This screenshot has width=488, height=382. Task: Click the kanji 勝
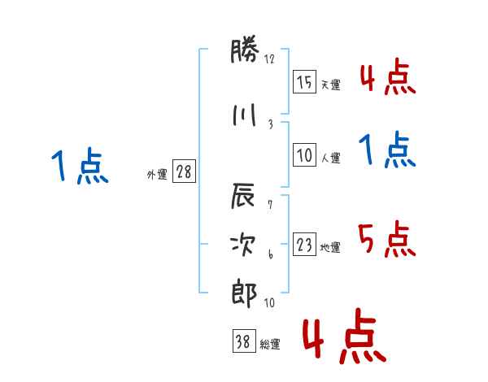(x=245, y=50)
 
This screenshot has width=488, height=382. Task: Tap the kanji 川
(x=245, y=115)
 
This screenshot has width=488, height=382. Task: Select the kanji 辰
(x=243, y=195)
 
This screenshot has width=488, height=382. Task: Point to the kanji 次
(x=243, y=245)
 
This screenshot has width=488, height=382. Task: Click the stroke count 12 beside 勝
(x=269, y=59)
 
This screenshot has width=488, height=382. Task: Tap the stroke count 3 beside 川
(x=271, y=124)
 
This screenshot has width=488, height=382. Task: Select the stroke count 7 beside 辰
(x=270, y=205)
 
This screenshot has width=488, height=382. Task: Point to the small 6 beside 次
(x=271, y=254)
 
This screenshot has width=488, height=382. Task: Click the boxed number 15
(x=304, y=81)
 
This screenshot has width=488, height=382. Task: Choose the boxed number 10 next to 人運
(x=304, y=154)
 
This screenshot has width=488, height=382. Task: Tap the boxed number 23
(x=304, y=244)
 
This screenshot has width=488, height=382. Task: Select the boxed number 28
(x=184, y=171)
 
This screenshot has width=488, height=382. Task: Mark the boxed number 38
(x=244, y=341)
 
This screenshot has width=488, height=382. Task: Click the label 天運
(x=331, y=85)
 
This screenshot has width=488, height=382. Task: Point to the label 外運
(x=157, y=175)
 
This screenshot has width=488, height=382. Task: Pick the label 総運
(x=270, y=345)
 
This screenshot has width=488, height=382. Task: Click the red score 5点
(x=387, y=239)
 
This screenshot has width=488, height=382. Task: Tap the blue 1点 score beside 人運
(x=387, y=150)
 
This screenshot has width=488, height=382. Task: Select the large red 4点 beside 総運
(x=345, y=336)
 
